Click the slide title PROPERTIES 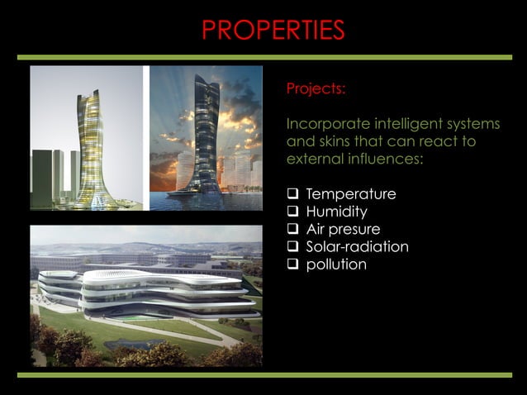click(273, 30)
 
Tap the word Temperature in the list click(350, 193)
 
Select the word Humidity click(339, 212)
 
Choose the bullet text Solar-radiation click(357, 246)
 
